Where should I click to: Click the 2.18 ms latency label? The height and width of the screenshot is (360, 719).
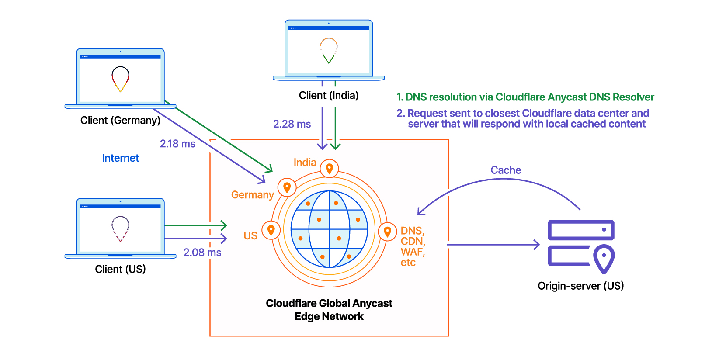(x=177, y=144)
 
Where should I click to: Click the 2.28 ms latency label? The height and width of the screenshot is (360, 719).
(x=292, y=124)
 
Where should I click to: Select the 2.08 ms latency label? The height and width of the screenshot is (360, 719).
(x=202, y=253)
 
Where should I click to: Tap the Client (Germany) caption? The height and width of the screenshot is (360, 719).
(x=120, y=120)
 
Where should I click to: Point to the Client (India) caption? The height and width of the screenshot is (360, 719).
(x=328, y=95)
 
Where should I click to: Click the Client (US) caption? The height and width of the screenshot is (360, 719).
(x=120, y=269)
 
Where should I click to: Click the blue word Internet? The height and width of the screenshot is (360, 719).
(x=120, y=158)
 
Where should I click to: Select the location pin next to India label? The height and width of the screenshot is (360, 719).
(x=329, y=168)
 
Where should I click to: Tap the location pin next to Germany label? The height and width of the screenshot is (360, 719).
(x=287, y=188)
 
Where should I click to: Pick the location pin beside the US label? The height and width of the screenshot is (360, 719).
(x=271, y=230)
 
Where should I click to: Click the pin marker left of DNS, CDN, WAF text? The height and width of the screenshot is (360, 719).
(x=387, y=232)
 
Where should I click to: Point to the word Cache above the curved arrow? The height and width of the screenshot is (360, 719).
(x=506, y=170)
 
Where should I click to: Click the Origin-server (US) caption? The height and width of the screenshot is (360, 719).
(x=580, y=286)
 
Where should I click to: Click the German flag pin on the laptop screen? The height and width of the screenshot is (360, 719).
(x=120, y=78)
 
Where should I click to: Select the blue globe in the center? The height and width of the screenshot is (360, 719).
(x=329, y=229)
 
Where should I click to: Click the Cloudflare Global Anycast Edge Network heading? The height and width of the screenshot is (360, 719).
(x=329, y=309)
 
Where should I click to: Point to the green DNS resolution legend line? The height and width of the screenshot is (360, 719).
(x=525, y=97)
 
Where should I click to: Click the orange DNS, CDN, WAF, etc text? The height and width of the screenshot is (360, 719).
(x=412, y=246)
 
